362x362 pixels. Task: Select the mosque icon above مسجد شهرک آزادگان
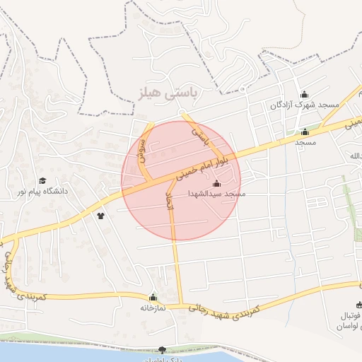(x=305, y=95)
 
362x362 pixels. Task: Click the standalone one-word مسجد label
(x=305, y=142)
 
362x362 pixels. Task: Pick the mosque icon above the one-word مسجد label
(x=305, y=132)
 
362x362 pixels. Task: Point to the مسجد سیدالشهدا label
(x=216, y=193)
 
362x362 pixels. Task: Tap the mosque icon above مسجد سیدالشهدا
(x=216, y=184)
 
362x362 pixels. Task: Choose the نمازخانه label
(x=153, y=308)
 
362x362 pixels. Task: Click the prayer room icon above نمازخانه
(x=153, y=298)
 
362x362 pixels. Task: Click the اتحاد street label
(x=169, y=203)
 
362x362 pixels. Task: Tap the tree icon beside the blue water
(x=163, y=349)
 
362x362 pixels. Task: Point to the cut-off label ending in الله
(x=354, y=154)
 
